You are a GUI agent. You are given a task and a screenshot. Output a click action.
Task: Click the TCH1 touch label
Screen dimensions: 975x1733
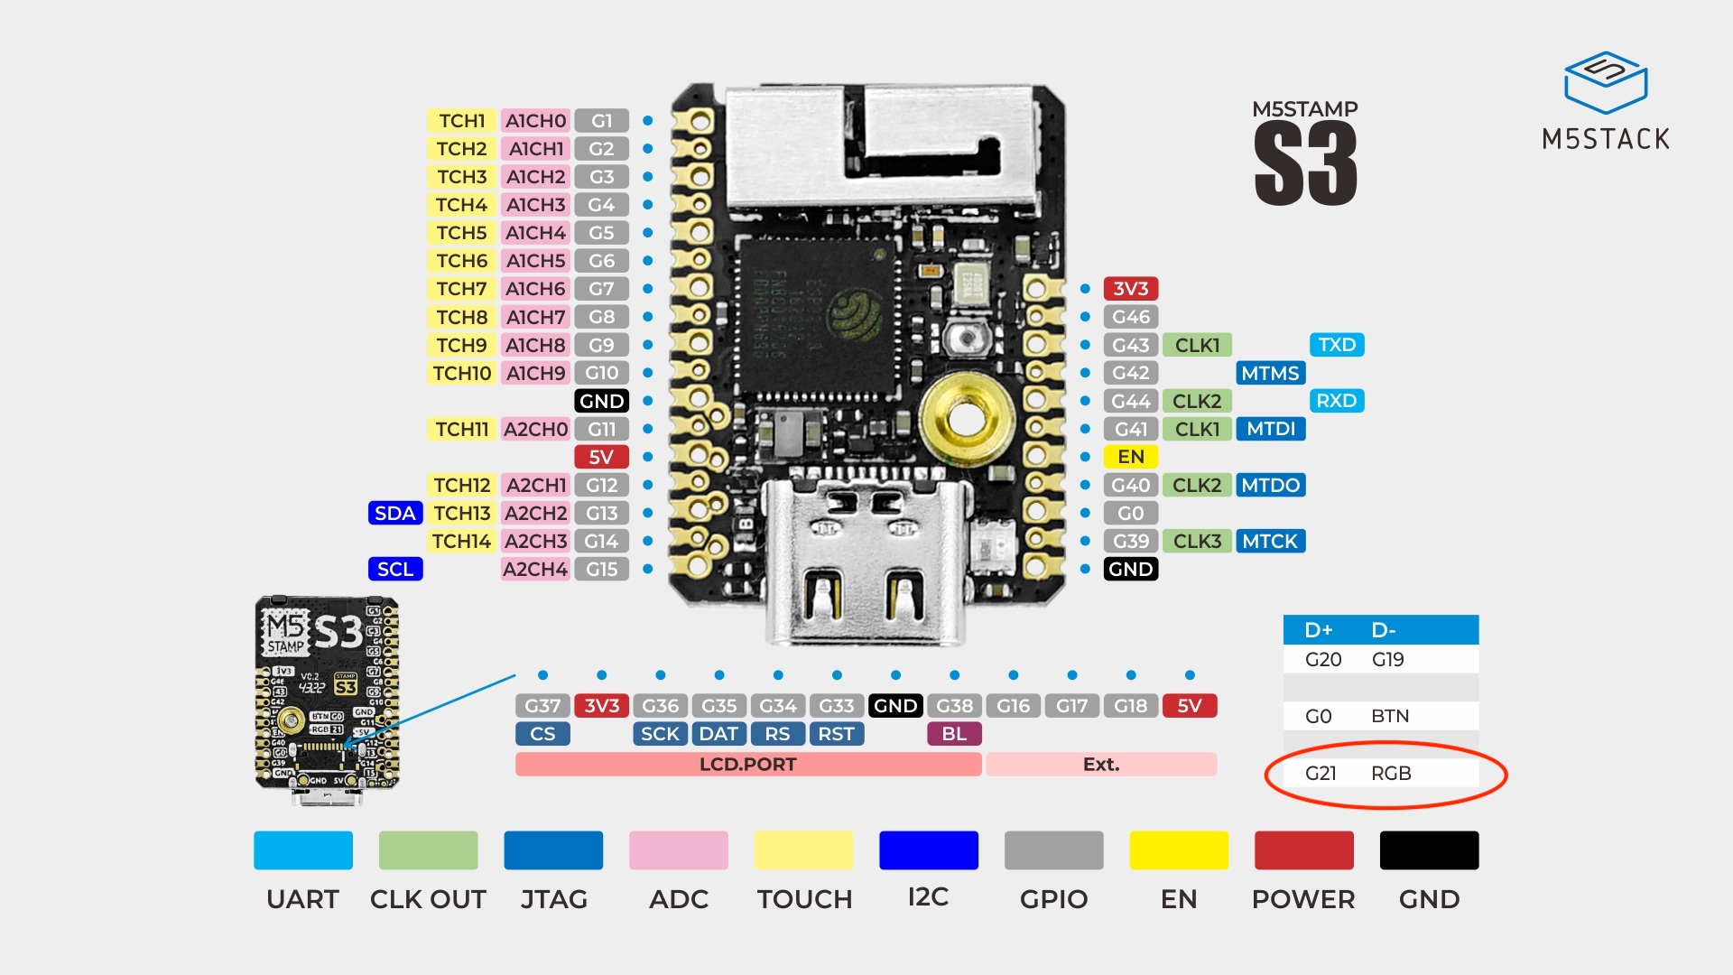pos(461,121)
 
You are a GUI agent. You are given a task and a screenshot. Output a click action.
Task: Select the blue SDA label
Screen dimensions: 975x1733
pos(395,513)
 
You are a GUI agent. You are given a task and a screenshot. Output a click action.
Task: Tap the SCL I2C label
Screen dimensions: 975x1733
pos(395,569)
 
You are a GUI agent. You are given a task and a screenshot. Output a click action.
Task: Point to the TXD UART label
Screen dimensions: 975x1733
pos(1336,345)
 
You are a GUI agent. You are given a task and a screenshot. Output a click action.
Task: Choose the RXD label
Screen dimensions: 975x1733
pos(1336,401)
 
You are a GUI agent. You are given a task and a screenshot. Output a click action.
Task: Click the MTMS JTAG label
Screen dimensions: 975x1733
pos(1269,373)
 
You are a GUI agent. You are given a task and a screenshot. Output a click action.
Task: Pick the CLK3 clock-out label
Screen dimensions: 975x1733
pos(1197,541)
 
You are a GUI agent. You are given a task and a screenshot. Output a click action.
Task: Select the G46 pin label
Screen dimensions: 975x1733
pos(1130,317)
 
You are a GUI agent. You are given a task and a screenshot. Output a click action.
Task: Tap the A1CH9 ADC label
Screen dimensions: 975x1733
pos(535,373)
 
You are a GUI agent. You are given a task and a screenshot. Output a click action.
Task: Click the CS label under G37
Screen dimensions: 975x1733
pos(542,734)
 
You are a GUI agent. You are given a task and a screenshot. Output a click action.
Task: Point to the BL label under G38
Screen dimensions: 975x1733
pos(954,734)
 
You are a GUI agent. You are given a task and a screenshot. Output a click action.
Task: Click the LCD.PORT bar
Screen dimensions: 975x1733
pos(747,765)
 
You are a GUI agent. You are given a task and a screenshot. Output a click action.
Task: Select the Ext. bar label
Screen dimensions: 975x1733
pos(1101,765)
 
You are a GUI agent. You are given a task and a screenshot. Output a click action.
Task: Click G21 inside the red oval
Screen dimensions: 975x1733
pos(1321,773)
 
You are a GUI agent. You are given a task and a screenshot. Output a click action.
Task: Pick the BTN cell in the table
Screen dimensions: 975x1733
pos(1389,716)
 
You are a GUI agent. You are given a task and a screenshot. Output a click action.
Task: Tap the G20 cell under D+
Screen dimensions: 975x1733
pos(1322,660)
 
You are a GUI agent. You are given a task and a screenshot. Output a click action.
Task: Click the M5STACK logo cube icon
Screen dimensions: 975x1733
pos(1606,82)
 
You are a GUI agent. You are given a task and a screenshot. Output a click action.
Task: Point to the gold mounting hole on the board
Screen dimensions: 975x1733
pos(966,418)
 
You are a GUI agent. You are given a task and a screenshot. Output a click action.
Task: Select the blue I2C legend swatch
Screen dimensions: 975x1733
pos(928,850)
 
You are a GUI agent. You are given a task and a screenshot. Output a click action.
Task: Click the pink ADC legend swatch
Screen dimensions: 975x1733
pos(678,850)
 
